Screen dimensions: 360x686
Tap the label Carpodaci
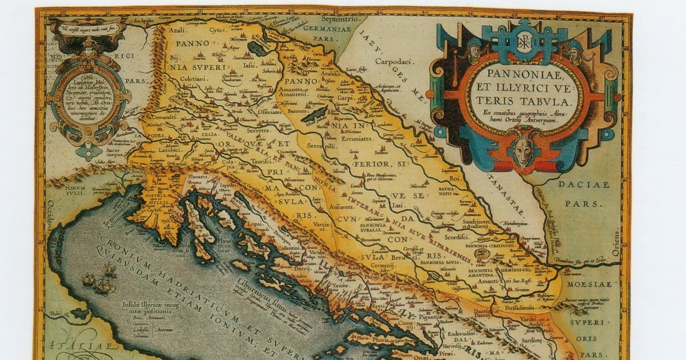pos(390,60)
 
